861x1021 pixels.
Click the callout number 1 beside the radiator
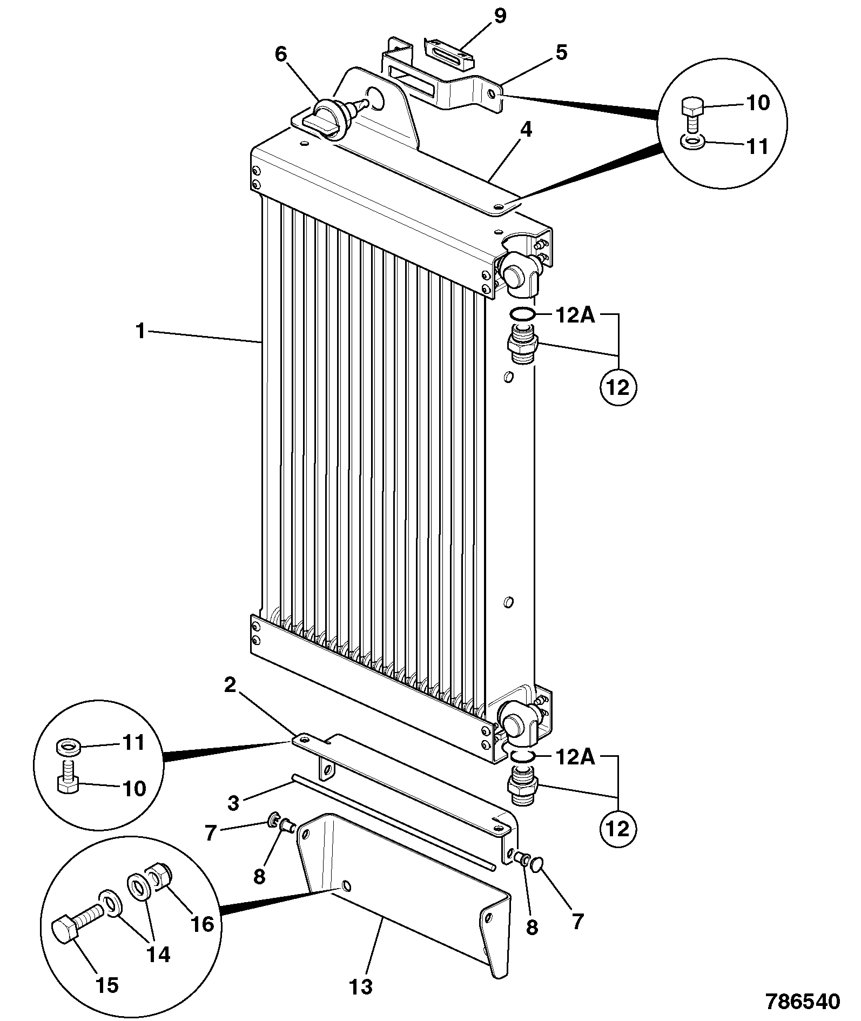(x=140, y=331)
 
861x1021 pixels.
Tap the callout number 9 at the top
(x=500, y=16)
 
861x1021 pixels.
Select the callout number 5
(x=561, y=53)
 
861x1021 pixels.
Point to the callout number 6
(x=281, y=55)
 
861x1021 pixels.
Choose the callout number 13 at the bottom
(x=361, y=987)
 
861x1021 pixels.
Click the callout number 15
(x=107, y=985)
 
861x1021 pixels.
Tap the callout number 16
(x=203, y=924)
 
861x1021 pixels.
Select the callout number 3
(x=233, y=802)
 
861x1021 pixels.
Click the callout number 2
(x=230, y=685)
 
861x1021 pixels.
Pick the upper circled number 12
(x=618, y=387)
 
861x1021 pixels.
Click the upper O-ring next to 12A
(x=522, y=314)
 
